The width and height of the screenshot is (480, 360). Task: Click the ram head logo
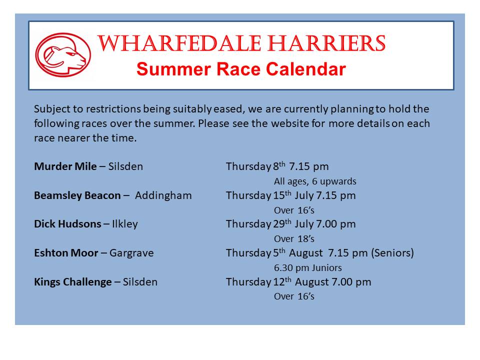coord(63,55)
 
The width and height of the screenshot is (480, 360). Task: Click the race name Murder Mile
coord(65,166)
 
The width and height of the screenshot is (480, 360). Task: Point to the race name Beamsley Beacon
coord(77,195)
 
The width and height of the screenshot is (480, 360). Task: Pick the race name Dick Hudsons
coord(67,224)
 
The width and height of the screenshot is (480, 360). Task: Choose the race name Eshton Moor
coord(66,253)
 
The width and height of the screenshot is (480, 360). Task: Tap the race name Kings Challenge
coord(73,282)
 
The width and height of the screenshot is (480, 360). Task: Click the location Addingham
coord(163,195)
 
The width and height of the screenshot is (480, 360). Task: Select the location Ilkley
coord(125,224)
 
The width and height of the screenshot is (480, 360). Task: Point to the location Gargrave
coord(131,253)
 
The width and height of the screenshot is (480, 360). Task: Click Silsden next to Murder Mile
coord(125,166)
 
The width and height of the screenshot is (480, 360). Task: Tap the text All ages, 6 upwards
coord(315,181)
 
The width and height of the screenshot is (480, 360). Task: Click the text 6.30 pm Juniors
coord(307,268)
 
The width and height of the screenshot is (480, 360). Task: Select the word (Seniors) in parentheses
coord(392,253)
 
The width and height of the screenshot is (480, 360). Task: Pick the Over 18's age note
coord(294,239)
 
